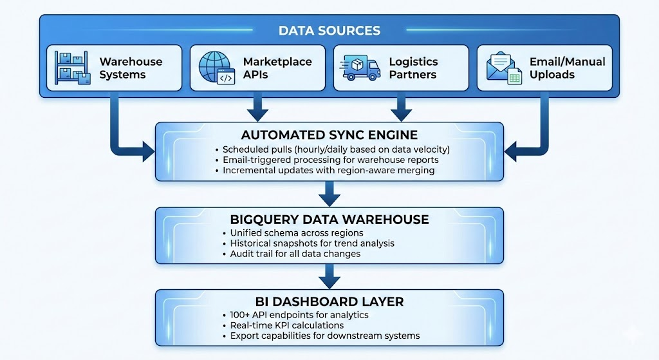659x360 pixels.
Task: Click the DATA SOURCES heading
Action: pos(329,30)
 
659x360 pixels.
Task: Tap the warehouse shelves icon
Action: pos(72,68)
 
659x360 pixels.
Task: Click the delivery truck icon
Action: pos(361,68)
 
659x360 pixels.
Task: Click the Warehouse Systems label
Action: pos(131,68)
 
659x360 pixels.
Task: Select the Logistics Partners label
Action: pos(413,68)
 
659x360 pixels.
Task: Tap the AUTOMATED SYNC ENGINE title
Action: pos(329,135)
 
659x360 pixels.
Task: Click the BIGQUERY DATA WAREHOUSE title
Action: pos(329,220)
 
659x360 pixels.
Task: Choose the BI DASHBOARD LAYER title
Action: pos(329,301)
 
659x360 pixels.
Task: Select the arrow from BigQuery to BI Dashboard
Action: pos(329,276)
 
